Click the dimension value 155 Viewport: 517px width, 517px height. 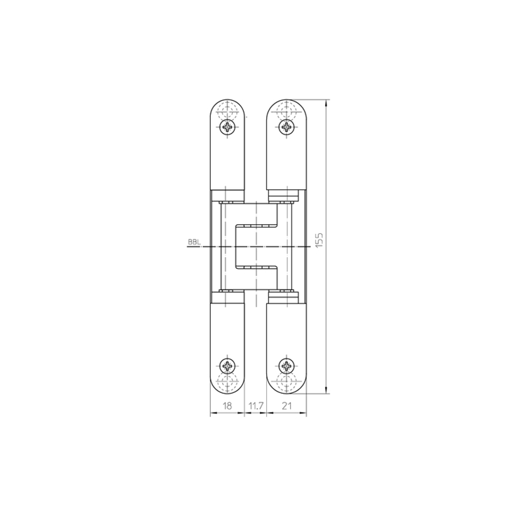[x=319, y=240]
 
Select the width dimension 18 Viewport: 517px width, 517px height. [x=227, y=406]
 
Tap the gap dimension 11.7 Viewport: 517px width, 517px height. [x=256, y=406]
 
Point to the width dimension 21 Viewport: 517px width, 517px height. [x=287, y=406]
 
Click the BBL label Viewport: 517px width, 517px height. [x=194, y=242]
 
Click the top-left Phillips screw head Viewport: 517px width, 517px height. [x=228, y=127]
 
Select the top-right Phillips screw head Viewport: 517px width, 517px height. [x=287, y=127]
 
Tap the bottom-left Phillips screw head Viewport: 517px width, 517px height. [x=228, y=366]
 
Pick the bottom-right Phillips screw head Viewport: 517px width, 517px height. [x=287, y=366]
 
